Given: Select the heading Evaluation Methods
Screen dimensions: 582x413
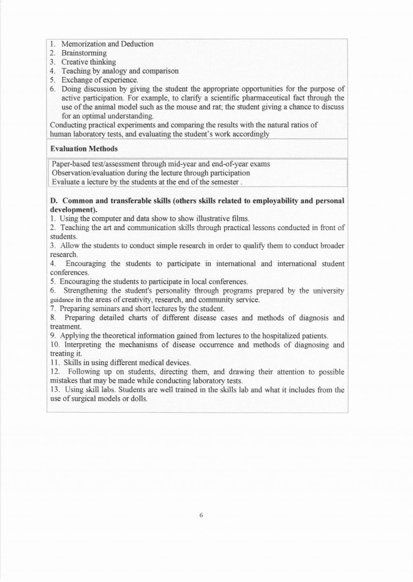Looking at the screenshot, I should [84, 149].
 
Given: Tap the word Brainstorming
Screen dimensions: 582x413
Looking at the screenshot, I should [84, 53].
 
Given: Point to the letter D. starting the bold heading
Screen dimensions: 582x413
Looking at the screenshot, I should [54, 201].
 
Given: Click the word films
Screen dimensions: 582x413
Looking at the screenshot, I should [240, 219].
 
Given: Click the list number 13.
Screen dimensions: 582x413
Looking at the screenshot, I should [55, 390].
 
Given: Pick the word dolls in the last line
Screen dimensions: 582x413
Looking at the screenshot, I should [139, 399].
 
